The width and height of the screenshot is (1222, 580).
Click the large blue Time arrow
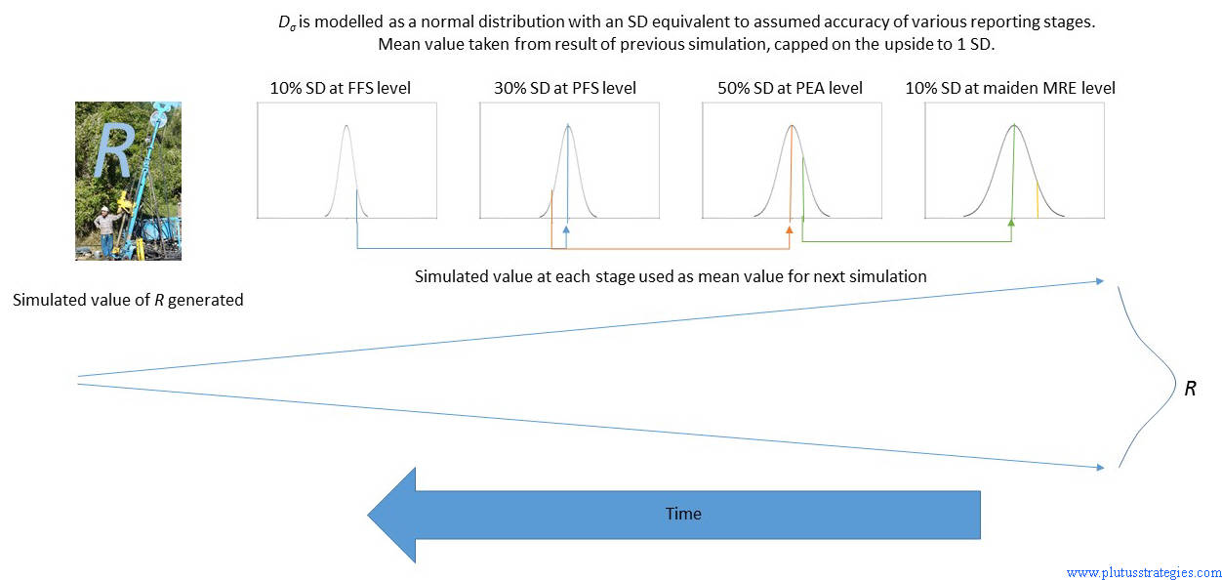tap(673, 515)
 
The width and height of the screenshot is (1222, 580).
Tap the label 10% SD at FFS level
tap(340, 88)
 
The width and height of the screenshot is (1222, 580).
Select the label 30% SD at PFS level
tap(564, 88)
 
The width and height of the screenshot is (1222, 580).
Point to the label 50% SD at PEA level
tap(790, 88)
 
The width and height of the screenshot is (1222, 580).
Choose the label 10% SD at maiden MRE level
tap(1010, 88)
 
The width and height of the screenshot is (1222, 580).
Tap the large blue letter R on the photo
tap(114, 151)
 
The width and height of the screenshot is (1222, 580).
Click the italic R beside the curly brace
tap(1190, 389)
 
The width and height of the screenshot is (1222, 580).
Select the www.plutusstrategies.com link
tap(1144, 572)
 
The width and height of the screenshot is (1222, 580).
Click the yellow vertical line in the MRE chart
tap(1038, 200)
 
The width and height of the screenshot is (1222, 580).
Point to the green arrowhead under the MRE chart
tap(1011, 222)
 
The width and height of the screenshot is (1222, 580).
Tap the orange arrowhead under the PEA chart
tap(789, 229)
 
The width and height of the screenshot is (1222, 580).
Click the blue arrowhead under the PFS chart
tap(566, 229)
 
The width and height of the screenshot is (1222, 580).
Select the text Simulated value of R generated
tap(128, 300)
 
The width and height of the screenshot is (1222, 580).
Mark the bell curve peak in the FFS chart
tap(346, 126)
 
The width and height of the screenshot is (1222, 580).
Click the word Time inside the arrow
tap(683, 514)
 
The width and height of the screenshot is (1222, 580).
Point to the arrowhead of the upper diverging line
tap(1100, 281)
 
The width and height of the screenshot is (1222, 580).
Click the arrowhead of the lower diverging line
tap(1100, 468)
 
